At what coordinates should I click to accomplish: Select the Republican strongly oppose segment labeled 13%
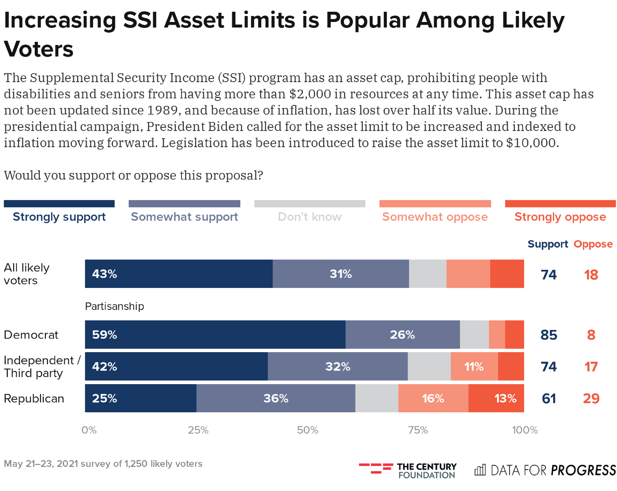tap(496, 398)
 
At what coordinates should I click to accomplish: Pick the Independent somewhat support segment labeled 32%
tap(338, 366)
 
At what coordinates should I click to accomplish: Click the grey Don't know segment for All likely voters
tap(428, 274)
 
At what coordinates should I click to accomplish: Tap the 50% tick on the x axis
tap(307, 430)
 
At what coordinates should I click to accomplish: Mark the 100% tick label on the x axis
tap(525, 430)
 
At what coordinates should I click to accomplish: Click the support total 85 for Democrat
tap(549, 335)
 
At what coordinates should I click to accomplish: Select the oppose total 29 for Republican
tap(591, 398)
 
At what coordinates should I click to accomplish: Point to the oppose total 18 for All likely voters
tap(591, 275)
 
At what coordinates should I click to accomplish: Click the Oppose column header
tap(593, 244)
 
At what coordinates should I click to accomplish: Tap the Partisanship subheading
tap(114, 306)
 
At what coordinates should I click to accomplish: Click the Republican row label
tap(34, 398)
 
